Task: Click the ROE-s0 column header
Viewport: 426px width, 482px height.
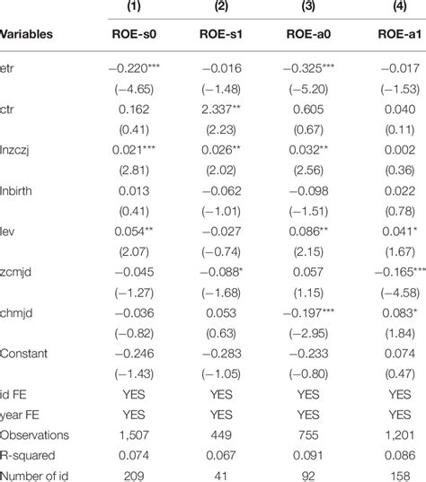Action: click(130, 35)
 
